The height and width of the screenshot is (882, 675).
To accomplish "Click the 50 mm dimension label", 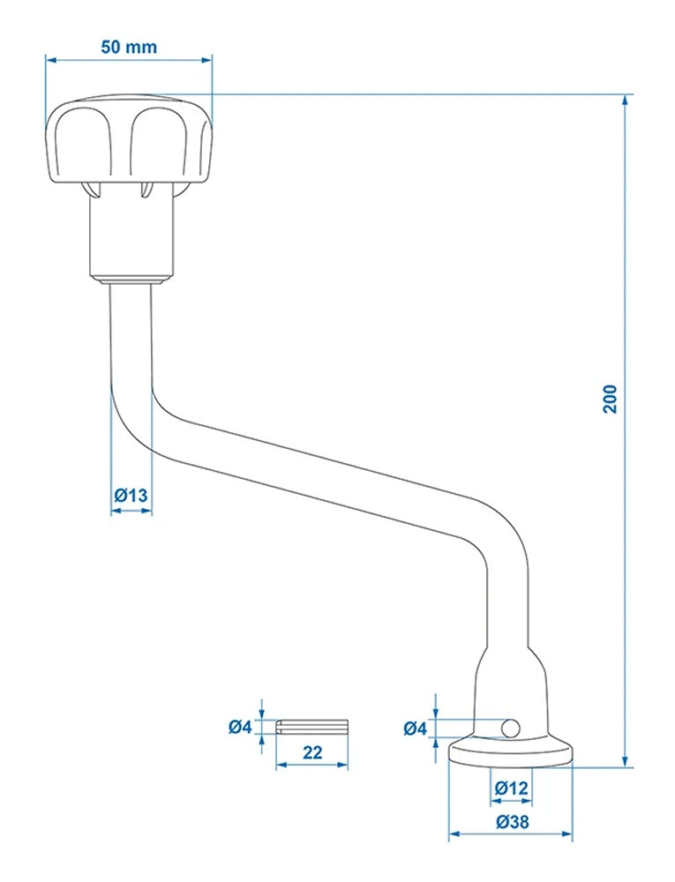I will pyautogui.click(x=129, y=46).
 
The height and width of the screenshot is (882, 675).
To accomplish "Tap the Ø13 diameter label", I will pyautogui.click(x=131, y=496).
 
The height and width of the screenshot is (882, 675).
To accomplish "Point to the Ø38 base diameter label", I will pyautogui.click(x=512, y=821).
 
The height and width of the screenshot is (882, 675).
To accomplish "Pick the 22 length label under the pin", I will pyautogui.click(x=311, y=752).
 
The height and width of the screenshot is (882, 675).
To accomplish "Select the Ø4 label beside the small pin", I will pyautogui.click(x=240, y=727).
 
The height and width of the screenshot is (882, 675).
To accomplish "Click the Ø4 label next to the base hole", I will pyautogui.click(x=415, y=728).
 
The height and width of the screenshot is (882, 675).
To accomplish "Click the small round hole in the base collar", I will pyautogui.click(x=509, y=728).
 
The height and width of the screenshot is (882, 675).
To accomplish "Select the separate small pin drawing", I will pyautogui.click(x=313, y=727).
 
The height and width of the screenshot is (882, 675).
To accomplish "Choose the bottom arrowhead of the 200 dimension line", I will pyautogui.click(x=626, y=762).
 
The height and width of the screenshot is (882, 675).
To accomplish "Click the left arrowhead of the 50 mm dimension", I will pyautogui.click(x=50, y=60).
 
